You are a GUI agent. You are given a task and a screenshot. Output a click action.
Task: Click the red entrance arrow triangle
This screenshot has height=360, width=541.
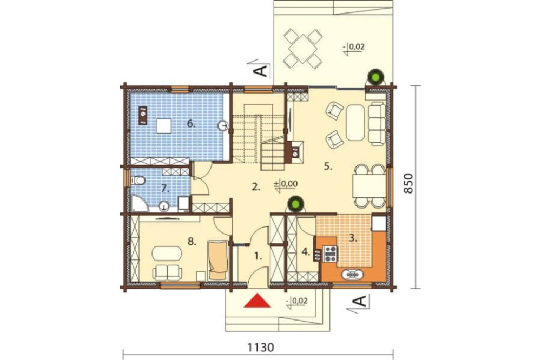point(258,300)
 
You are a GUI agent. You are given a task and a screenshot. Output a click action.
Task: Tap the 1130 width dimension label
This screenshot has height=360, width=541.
point(261,346)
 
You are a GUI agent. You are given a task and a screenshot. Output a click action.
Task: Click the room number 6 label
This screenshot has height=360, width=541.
point(191,124)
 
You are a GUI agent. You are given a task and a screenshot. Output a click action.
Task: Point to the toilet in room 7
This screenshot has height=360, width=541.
point(138,181)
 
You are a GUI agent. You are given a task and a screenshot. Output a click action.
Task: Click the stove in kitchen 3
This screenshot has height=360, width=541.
point(330,254)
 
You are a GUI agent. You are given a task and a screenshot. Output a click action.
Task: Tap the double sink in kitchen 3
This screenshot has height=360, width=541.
point(352,274)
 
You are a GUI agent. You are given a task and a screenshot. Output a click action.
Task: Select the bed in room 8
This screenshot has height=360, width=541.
point(217,261)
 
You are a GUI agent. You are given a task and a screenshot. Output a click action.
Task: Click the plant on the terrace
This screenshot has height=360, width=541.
point(375,77)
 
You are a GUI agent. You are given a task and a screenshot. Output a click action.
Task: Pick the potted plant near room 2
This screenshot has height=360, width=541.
point(295,204)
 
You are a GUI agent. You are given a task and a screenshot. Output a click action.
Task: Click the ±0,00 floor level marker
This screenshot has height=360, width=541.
point(286,184)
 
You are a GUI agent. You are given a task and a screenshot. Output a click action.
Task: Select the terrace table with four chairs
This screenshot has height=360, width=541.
point(303,49)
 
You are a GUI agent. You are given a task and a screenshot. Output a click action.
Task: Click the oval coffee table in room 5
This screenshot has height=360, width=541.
point(355,123)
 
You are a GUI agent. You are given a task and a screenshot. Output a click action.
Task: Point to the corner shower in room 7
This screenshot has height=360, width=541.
point(140,203)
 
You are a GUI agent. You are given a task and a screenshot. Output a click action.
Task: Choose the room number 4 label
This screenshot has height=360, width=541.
point(306,252)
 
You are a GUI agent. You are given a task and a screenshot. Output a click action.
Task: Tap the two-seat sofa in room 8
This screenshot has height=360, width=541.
point(168,272)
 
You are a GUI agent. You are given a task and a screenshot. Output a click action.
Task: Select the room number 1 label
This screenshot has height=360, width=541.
point(258,256)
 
